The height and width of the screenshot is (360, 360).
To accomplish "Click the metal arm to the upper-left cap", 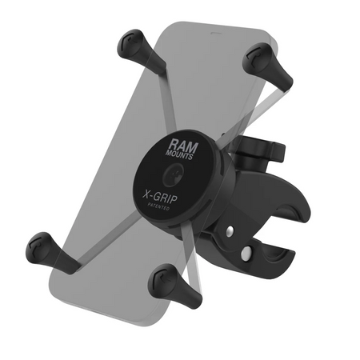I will tap(151, 89).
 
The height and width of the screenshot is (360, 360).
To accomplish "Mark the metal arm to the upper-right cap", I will tap(231, 104).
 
